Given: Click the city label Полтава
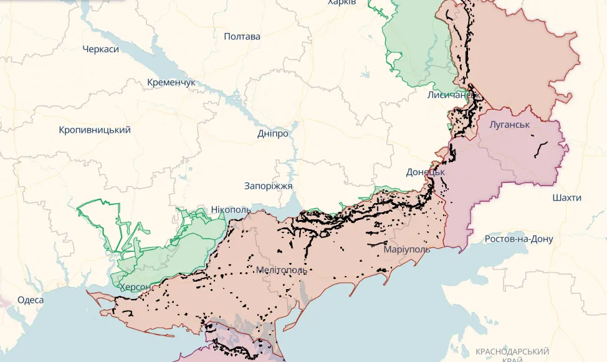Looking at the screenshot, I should pos(242,36).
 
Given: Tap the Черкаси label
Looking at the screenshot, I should pos(100,49).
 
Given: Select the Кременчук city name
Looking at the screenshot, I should pos(171,82).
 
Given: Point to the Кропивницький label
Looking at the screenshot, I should pos(95,130).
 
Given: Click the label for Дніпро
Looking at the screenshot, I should pos(273,133).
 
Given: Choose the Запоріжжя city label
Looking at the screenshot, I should pos(269,186).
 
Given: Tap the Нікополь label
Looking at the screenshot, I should pos(231,209).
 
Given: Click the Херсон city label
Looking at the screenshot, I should pos(135,287).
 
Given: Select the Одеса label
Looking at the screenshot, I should pos(31,300).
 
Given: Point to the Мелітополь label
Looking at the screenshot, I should pos(281,270).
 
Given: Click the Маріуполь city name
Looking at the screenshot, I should pos(406,249).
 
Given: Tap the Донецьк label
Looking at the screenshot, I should pos(425,171).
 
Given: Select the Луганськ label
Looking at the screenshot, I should pos(509,124).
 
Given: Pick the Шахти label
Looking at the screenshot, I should pos(566,198).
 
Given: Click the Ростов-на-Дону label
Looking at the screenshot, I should pos(519,239).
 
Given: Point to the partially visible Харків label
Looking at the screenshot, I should pos(342,3).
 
